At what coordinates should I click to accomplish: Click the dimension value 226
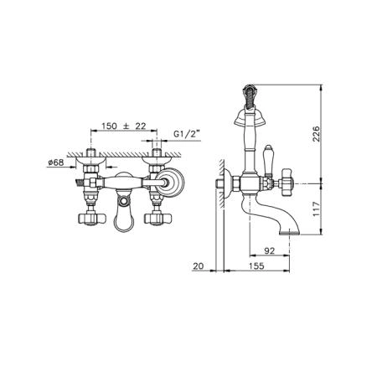[x=316, y=134]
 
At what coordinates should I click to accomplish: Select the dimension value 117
[x=316, y=209]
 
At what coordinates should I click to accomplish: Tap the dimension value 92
[x=270, y=250]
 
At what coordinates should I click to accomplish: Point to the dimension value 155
[x=256, y=265]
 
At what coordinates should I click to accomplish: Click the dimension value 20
[x=199, y=266]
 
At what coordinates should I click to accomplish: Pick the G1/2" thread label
[x=187, y=134]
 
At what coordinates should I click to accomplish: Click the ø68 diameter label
[x=55, y=162]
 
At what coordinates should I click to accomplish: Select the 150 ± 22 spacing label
[x=123, y=126]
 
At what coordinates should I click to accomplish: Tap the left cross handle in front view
[x=91, y=219]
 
